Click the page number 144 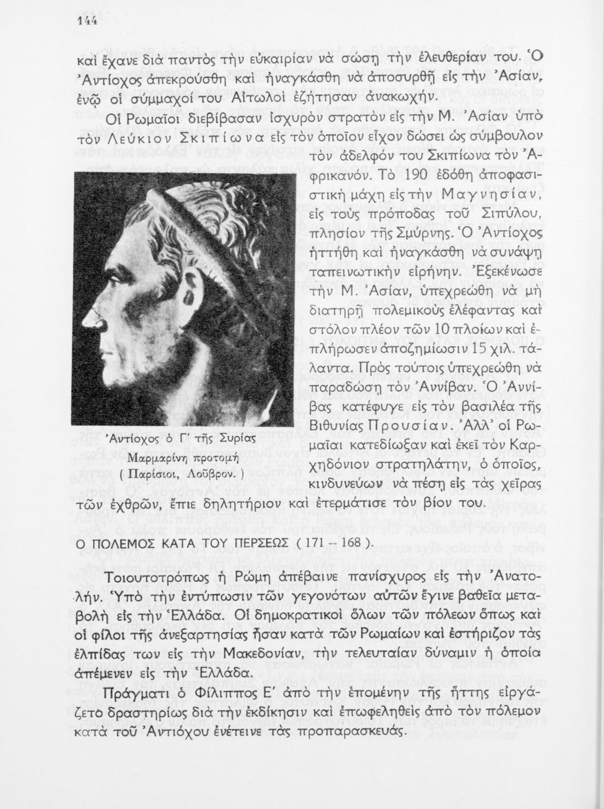(86, 20)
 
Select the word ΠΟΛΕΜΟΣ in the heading (123, 544)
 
